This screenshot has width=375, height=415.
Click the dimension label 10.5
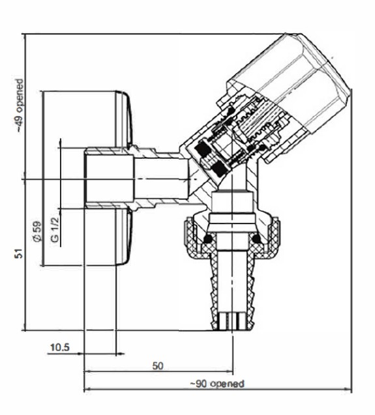click(x=60, y=347)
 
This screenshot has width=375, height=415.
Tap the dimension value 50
click(x=158, y=366)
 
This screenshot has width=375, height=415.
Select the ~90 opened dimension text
click(x=217, y=384)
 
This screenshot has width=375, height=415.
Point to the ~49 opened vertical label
click(x=20, y=106)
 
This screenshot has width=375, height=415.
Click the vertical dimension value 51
click(x=19, y=253)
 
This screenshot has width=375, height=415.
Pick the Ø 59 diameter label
click(x=38, y=231)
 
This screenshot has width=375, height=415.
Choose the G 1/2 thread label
click(x=55, y=229)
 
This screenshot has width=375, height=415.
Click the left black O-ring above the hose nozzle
click(x=208, y=238)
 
